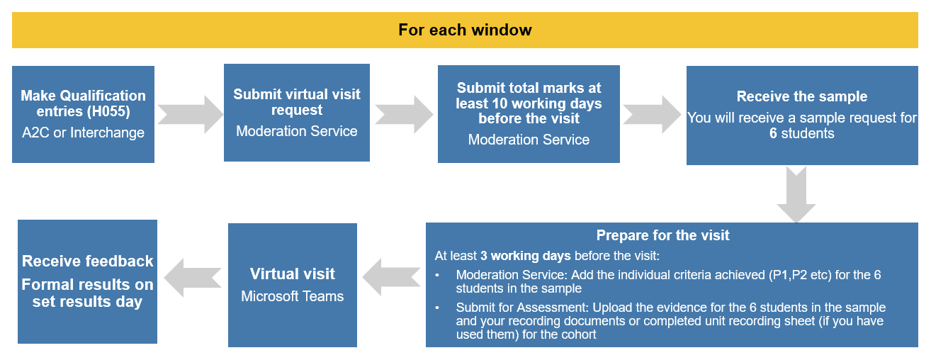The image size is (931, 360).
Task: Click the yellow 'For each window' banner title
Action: pos(465,30)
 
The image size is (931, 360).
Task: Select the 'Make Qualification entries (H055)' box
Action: pos(83,114)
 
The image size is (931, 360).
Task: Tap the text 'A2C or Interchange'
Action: pos(83,133)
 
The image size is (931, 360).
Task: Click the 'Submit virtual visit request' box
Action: pos(297,113)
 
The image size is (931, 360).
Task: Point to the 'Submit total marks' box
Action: pos(529,114)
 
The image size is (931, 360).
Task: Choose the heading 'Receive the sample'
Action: pos(802,96)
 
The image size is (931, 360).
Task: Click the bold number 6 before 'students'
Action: pos(773,133)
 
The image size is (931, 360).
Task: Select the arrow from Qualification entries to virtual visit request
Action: pos(190,115)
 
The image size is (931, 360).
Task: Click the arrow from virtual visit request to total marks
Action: pos(404,115)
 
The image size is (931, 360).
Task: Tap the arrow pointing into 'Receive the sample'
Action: pos(652,115)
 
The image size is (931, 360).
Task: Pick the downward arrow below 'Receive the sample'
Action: pos(796,195)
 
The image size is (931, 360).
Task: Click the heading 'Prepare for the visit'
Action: pos(662,235)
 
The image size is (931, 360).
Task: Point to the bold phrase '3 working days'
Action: pos(525,256)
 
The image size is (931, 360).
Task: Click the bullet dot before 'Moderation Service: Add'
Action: pos(437,275)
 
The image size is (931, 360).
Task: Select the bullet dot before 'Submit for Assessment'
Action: pos(437,308)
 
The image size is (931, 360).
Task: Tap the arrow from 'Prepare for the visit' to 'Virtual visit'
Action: pos(391,277)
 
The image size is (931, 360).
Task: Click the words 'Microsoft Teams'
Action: pos(292,296)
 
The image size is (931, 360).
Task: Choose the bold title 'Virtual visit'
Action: pos(292,274)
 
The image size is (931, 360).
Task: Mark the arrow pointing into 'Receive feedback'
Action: pos(193,278)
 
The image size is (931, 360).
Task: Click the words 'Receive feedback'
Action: pos(87,261)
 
